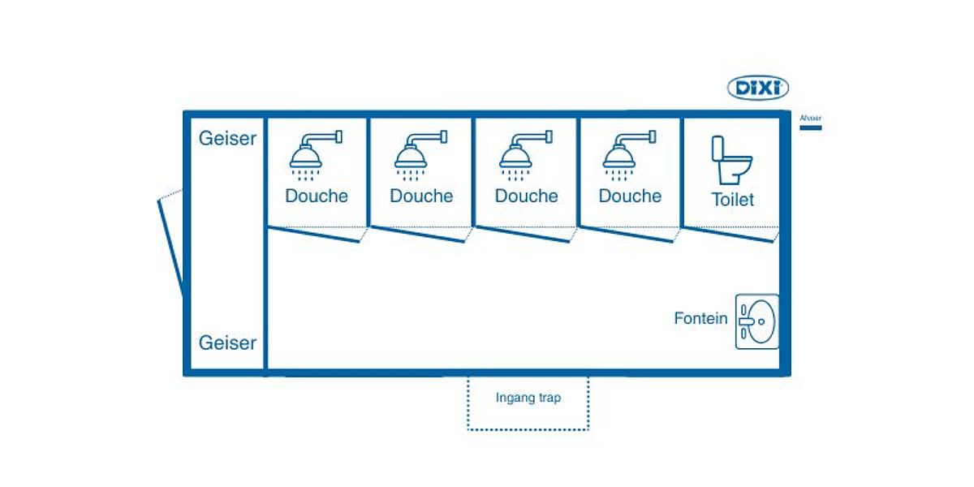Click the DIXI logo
(x=757, y=88)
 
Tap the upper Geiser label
(x=227, y=138)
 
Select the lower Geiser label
(x=227, y=343)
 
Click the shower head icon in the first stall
(x=313, y=154)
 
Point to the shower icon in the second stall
(x=418, y=154)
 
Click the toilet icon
(x=730, y=161)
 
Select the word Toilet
(x=732, y=200)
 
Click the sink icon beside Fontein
(x=756, y=321)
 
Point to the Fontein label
(x=700, y=318)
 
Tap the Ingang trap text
(x=528, y=398)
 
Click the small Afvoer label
(x=810, y=118)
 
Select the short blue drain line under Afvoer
(x=810, y=127)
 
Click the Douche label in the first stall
(x=317, y=196)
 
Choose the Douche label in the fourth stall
(x=630, y=196)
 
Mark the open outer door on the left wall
(x=171, y=243)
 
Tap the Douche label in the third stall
(x=526, y=196)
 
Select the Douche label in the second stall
(x=421, y=196)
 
